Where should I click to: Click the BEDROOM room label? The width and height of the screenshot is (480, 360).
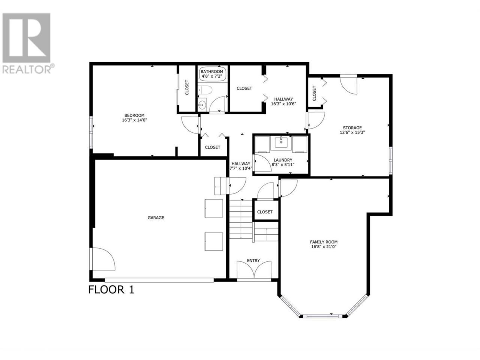coord(134,115)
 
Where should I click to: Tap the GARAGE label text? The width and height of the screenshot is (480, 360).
coord(156,217)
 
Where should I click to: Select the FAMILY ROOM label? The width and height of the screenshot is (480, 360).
coord(324,242)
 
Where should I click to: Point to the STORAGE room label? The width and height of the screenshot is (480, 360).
coord(352,127)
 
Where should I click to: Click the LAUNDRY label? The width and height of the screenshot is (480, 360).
coord(283,160)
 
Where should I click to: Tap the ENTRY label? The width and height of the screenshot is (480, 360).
coord(253,261)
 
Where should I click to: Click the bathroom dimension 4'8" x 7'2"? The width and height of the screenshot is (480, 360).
coord(211,76)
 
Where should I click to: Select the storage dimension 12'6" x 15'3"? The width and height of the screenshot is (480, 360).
coord(352,132)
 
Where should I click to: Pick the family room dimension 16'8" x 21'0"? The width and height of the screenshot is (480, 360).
coord(324,247)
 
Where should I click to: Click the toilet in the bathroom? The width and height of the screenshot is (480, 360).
coord(205,90)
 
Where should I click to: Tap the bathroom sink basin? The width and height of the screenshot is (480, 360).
coord(202,105)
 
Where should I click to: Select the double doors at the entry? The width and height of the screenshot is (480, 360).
coord(254,270)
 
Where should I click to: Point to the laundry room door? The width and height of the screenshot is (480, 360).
coord(261,163)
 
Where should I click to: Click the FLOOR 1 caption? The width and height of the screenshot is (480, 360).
coord(111,290)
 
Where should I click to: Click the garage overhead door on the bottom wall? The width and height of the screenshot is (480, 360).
coord(159,280)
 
